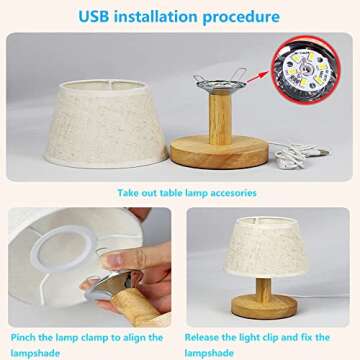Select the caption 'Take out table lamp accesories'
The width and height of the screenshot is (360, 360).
[x=187, y=192]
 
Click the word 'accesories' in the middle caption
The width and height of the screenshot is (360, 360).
[x=229, y=192]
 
